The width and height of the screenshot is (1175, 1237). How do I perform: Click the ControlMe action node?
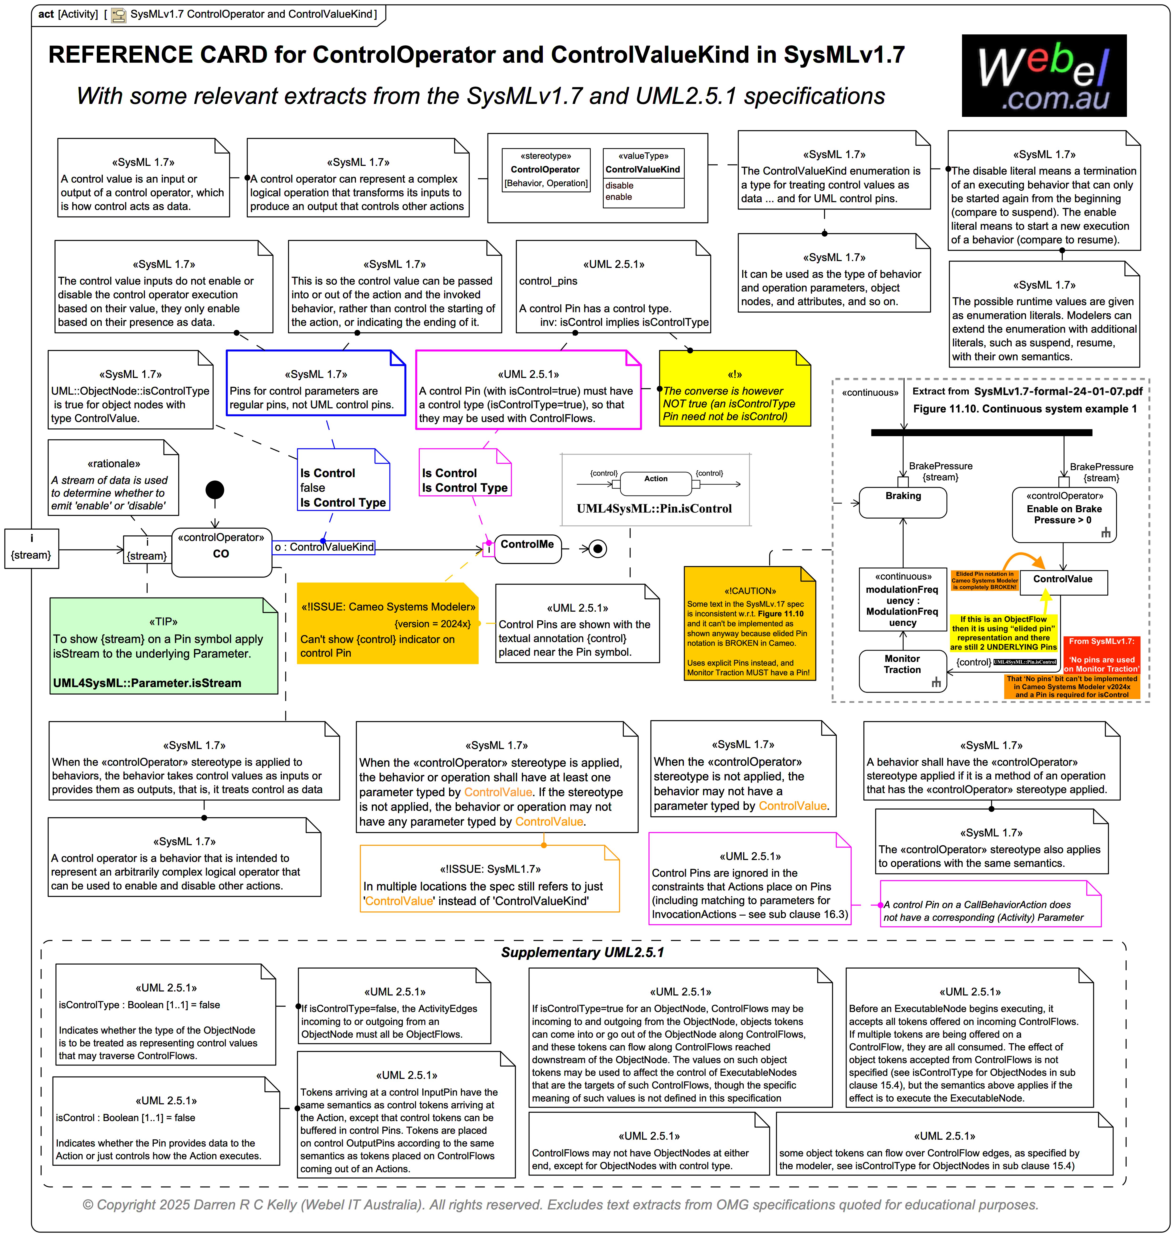pos(527,549)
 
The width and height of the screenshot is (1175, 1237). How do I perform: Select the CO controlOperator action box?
pos(221,553)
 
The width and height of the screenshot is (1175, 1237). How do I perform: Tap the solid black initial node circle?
pos(215,490)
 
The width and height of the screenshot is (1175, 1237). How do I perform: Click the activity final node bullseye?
pos(598,549)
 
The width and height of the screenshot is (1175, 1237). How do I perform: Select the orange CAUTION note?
pos(750,623)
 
